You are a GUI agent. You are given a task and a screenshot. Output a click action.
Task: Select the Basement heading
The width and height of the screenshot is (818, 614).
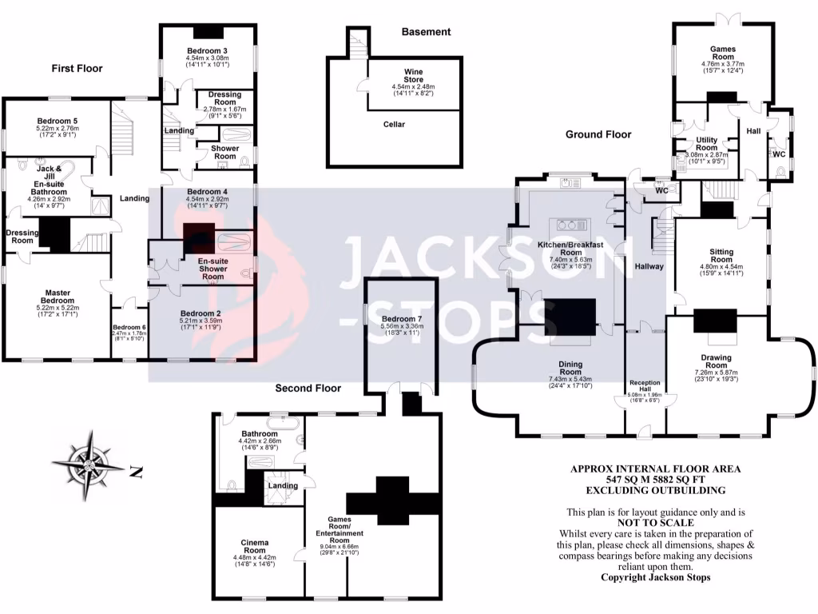click(x=426, y=32)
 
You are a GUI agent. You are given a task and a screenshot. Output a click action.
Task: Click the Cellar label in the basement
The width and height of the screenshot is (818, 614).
click(x=394, y=125)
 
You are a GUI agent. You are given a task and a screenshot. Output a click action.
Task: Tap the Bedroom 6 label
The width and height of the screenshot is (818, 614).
click(x=129, y=327)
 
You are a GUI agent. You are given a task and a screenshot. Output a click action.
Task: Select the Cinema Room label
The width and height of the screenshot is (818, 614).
click(x=254, y=545)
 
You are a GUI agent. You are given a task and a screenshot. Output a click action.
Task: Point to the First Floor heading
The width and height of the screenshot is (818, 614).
click(x=77, y=69)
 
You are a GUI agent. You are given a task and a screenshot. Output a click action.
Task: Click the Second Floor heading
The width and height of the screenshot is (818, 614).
click(x=308, y=389)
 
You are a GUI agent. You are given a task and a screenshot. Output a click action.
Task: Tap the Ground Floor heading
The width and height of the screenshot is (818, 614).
click(x=598, y=134)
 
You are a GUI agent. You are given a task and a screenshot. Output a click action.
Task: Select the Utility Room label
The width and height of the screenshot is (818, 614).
click(x=707, y=144)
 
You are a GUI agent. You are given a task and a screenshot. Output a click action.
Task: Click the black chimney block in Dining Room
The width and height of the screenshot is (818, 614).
click(x=570, y=317)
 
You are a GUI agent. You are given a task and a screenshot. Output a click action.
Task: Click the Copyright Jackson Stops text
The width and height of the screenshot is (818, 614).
click(x=655, y=577)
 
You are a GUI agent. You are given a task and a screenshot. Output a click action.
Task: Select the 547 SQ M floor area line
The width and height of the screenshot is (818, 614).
click(x=654, y=479)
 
